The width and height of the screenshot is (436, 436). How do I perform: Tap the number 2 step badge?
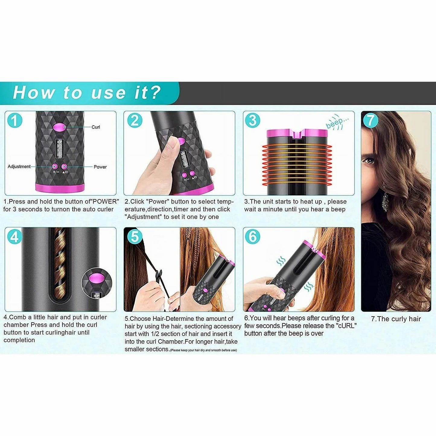[135, 121]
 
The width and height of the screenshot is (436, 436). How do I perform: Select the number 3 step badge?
[253, 121]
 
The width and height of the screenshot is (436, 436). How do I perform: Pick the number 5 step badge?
[135, 237]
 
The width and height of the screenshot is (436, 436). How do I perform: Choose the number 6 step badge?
[253, 237]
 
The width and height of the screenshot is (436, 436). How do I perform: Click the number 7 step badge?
[371, 121]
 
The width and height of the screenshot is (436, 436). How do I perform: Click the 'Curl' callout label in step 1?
[96, 127]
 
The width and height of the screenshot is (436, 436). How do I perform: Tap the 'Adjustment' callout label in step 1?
[19, 167]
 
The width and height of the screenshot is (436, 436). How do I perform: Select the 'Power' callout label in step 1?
[100, 167]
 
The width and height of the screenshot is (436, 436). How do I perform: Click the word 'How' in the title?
[34, 93]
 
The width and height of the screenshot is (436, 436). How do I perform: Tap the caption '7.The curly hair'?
[396, 319]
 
